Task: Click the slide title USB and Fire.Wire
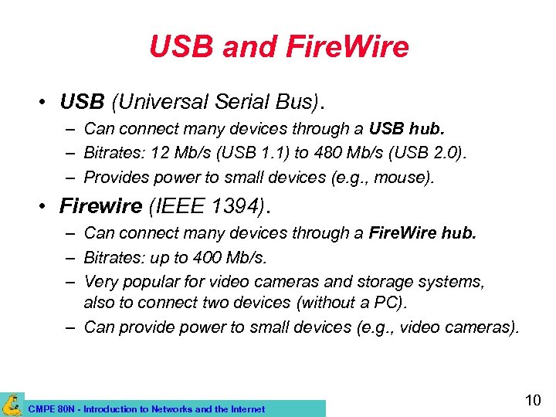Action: [x=278, y=48]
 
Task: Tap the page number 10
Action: [x=533, y=401]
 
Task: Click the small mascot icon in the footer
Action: [x=11, y=405]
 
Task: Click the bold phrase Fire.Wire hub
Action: [x=422, y=232]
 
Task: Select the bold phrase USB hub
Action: [x=407, y=128]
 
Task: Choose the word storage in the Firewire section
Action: [x=388, y=282]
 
